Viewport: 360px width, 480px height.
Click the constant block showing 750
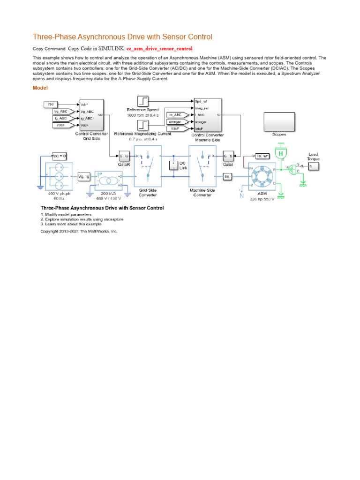click(51, 104)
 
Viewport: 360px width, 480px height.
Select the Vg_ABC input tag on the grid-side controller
click(61, 111)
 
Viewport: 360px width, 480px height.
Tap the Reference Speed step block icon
click(143, 101)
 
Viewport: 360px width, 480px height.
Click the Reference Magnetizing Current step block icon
click(143, 125)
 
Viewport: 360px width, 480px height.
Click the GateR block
click(124, 156)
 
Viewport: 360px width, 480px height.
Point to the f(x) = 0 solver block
click(59, 156)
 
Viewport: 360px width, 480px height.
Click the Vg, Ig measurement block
click(84, 176)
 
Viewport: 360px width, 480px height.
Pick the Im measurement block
click(227, 176)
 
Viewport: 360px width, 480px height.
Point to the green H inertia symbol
click(281, 153)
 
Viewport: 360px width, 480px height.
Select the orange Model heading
click(40, 88)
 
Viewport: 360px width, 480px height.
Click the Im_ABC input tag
click(176, 115)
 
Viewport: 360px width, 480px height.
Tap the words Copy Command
click(49, 49)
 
